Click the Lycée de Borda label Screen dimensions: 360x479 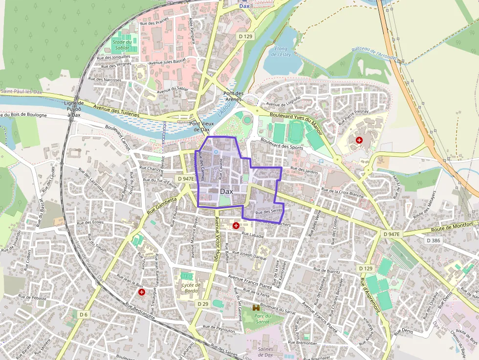coord(191,288)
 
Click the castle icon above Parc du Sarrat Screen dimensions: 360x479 coord(256,308)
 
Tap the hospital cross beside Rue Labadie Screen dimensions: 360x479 coord(236,226)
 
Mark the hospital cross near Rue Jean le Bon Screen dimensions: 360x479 coord(142,292)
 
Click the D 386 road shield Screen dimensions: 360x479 coord(433,240)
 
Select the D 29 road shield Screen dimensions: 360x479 coord(203,304)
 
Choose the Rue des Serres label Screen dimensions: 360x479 coord(270,212)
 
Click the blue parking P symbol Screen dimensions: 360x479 coord(321,161)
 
